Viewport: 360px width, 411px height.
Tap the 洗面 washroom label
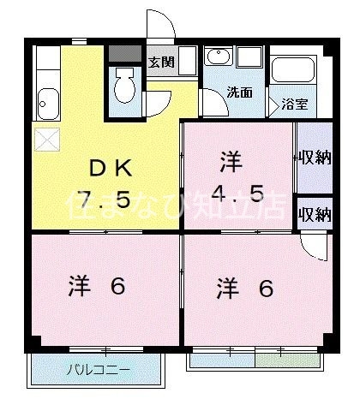point(239,92)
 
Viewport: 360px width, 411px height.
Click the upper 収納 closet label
point(315,158)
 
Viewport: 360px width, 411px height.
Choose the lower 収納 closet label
point(315,214)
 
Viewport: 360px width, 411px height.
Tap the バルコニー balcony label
point(98,371)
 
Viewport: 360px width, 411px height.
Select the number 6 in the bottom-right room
point(267,288)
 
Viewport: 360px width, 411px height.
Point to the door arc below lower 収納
point(315,246)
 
